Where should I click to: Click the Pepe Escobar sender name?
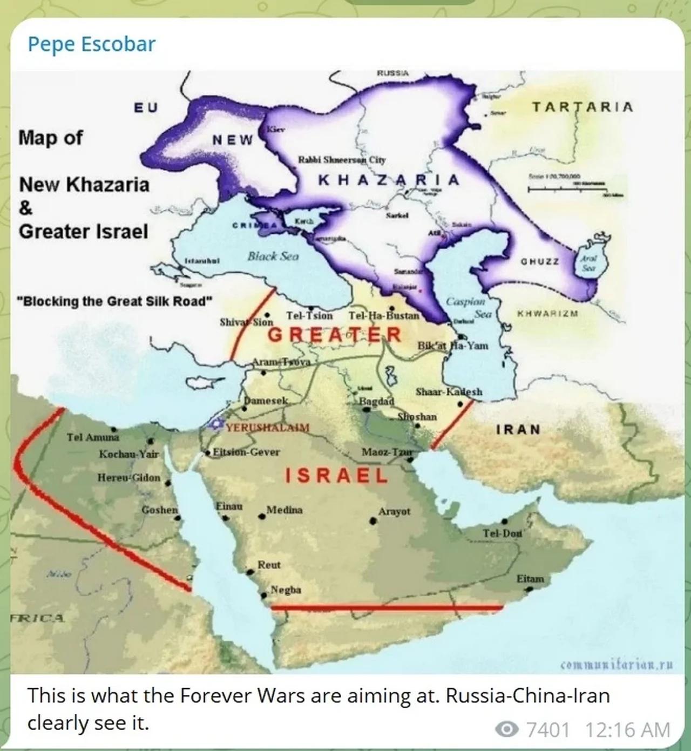pos(91,44)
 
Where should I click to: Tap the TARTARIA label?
pos(582,107)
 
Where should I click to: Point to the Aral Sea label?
pos(588,263)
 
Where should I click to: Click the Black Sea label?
pos(273,256)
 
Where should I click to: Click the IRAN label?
pos(518,430)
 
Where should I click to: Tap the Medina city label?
pos(284,510)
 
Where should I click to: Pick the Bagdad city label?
pos(377,402)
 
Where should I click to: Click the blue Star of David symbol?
pos(216,425)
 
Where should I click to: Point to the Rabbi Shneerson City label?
pos(342,160)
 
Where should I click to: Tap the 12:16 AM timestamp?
pos(627,730)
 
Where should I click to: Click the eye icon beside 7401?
pos(506,730)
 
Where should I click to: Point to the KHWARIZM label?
pos(547,313)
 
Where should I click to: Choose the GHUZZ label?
pos(539,261)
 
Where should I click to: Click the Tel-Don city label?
pos(502,533)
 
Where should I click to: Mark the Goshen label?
pos(160,510)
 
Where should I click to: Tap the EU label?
pos(146,107)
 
